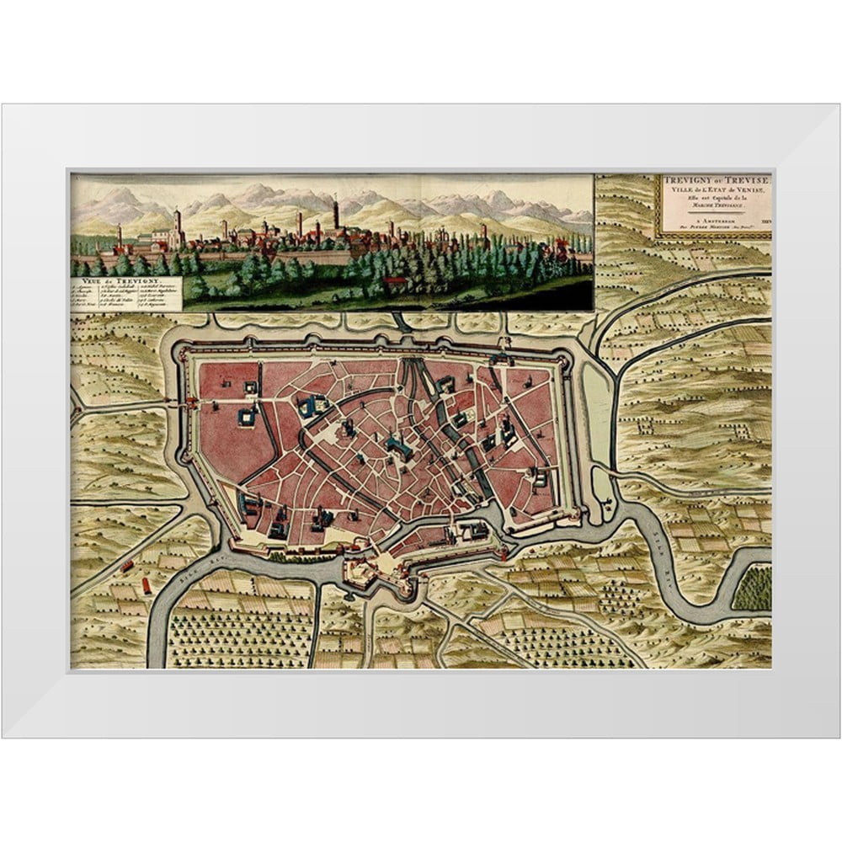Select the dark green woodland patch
pos(752,589)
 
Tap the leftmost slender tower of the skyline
pos(119,234)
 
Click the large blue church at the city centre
pos(398,446)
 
